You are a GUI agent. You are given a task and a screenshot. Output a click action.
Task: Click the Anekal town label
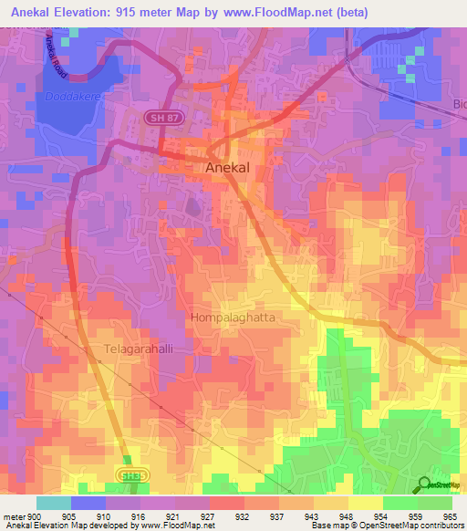[228, 168]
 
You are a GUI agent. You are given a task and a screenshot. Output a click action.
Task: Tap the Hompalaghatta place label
[233, 318]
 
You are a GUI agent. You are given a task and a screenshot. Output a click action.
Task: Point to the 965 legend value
[447, 515]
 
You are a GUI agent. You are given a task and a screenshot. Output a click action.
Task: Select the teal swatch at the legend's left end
[53, 503]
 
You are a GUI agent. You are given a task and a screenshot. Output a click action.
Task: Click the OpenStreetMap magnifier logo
[423, 485]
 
